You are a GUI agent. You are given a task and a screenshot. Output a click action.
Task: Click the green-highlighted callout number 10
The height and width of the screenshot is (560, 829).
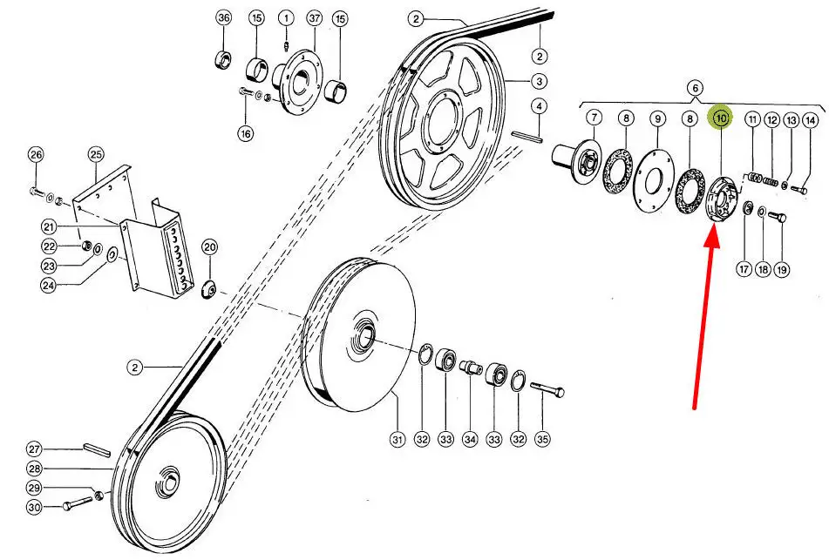point(721,118)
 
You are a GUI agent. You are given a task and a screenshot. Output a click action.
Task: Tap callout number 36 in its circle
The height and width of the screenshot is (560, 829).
point(224,18)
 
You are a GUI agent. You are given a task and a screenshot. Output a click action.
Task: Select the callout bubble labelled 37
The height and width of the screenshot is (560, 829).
point(315,18)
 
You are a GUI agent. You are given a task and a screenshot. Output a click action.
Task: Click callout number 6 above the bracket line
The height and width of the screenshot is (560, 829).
point(695,87)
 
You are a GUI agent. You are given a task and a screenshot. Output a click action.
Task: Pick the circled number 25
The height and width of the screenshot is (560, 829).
point(95,155)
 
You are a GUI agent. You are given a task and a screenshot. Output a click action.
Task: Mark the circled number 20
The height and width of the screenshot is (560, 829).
point(209,248)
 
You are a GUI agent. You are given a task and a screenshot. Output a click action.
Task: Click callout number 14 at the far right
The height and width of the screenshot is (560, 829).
point(811,120)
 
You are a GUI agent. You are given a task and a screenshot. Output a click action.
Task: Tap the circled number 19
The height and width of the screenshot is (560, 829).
point(782,269)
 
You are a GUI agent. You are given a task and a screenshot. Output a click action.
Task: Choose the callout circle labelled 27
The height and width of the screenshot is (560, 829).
point(34,449)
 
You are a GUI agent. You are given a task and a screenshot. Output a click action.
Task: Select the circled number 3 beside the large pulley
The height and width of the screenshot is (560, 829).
point(540,81)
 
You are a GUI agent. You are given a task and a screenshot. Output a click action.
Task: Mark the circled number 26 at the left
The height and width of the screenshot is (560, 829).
point(35,155)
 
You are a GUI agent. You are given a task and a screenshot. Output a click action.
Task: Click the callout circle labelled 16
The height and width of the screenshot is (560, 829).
point(246,133)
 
